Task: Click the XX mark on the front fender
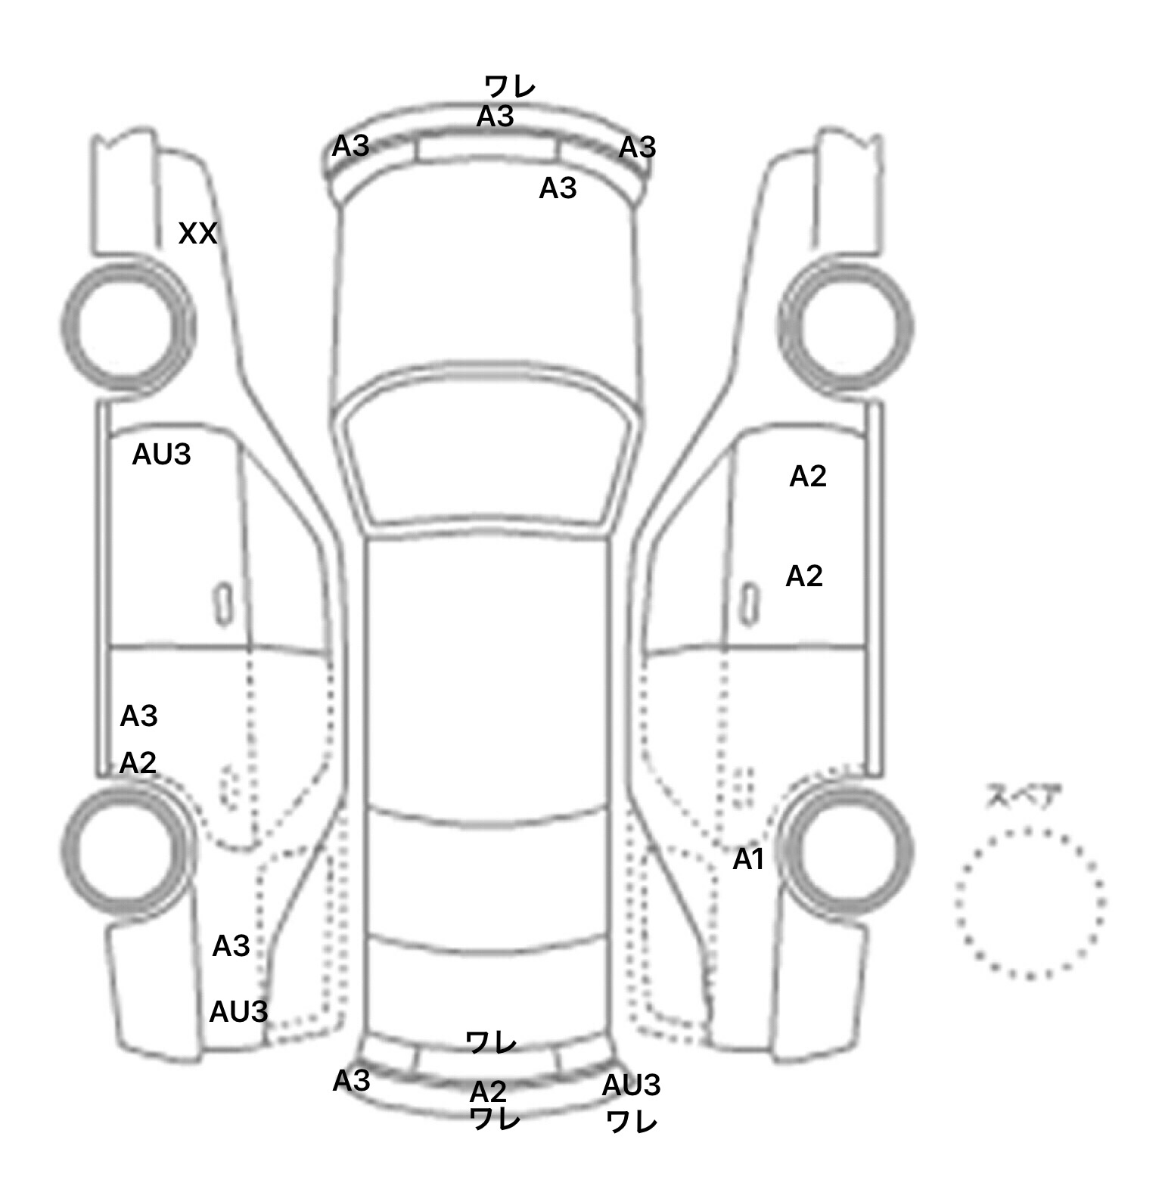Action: [197, 234]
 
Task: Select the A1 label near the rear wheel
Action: [749, 859]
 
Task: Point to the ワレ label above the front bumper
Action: [510, 86]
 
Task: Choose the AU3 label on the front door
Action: [161, 455]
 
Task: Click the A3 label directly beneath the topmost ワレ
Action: [496, 116]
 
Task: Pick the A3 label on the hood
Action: [558, 188]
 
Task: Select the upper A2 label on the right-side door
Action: [808, 476]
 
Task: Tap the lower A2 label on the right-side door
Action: [804, 576]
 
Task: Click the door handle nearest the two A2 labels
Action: [749, 605]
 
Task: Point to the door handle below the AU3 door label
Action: [223, 604]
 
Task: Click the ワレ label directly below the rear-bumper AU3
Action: [632, 1122]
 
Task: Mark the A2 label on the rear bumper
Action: [488, 1091]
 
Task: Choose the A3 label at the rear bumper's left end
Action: [351, 1081]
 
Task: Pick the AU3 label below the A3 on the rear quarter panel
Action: [238, 1011]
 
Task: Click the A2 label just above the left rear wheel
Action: [138, 763]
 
